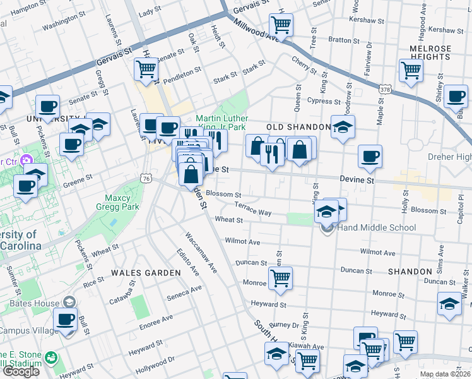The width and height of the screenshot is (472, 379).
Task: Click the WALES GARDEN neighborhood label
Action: pyautogui.click(x=146, y=272)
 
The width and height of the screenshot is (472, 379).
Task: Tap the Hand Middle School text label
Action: pyautogui.click(x=377, y=227)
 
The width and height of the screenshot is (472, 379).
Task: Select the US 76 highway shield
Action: pyautogui.click(x=146, y=179)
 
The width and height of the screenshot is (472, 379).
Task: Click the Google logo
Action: pyautogui.click(x=21, y=371)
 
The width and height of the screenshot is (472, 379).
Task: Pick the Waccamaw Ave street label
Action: pyautogui.click(x=201, y=253)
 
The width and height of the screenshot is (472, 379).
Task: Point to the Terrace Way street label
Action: pyautogui.click(x=252, y=209)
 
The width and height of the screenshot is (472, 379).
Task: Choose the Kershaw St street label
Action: pyautogui.click(x=362, y=21)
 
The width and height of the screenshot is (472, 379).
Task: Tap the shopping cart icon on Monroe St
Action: pyautogui.click(x=280, y=277)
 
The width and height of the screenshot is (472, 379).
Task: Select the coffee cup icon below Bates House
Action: pyautogui.click(x=66, y=320)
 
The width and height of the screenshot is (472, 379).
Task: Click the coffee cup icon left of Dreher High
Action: pyautogui.click(x=370, y=155)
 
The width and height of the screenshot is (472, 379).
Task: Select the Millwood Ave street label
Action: pyautogui.click(x=256, y=30)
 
